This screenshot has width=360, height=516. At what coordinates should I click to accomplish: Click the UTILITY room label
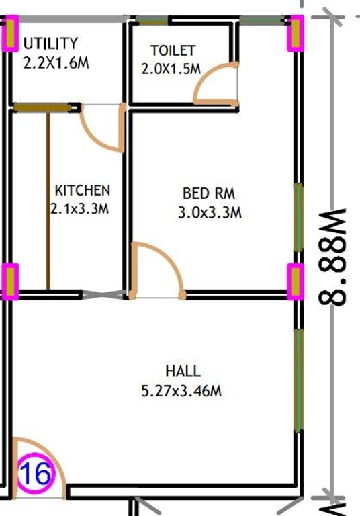[50, 43]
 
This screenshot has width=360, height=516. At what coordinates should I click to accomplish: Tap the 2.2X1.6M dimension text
[56, 62]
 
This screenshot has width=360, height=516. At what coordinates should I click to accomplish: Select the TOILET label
[173, 50]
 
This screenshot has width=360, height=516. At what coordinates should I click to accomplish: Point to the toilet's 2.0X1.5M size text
[171, 69]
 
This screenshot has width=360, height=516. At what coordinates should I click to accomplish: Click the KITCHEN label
[82, 191]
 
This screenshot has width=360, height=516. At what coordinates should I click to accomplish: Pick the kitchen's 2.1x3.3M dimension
[79, 209]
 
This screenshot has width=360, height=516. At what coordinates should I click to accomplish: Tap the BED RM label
[209, 193]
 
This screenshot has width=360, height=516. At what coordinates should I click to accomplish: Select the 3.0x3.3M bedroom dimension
[210, 212]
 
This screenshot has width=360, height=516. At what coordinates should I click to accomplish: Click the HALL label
[183, 371]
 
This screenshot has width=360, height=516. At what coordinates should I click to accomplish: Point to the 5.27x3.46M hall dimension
[181, 391]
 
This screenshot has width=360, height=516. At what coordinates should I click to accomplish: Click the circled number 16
[35, 474]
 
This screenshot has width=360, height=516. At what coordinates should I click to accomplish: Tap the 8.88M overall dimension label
[332, 257]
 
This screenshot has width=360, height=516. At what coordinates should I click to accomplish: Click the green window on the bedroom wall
[298, 218]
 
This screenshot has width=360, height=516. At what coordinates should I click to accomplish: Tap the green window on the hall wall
[298, 380]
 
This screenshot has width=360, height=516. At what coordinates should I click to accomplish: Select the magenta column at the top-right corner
[296, 34]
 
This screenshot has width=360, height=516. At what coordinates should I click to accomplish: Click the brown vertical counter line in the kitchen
[48, 202]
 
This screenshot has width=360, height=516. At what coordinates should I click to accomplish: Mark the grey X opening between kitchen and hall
[103, 294]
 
